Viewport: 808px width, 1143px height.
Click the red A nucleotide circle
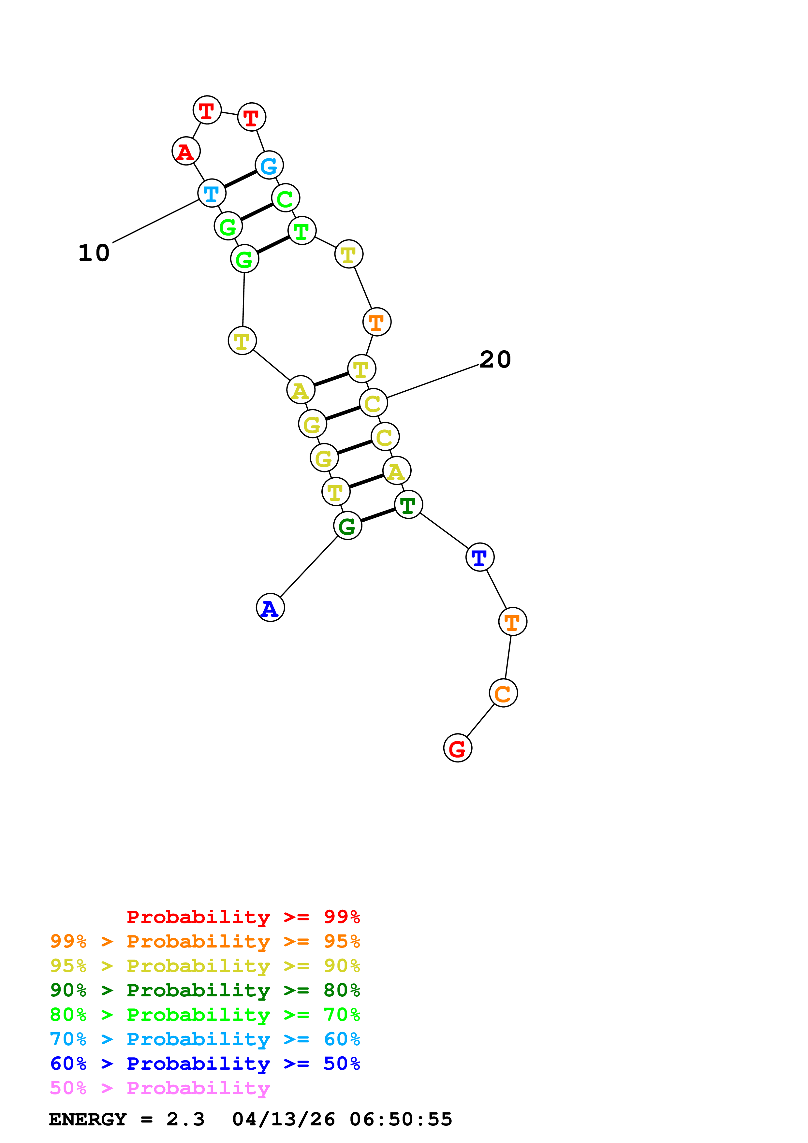(186, 151)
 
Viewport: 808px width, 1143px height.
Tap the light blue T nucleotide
(212, 193)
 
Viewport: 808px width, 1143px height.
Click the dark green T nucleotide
(408, 504)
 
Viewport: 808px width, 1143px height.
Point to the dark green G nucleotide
(347, 526)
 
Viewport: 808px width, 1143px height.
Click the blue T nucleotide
(479, 557)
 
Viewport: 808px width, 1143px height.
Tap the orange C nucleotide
(503, 693)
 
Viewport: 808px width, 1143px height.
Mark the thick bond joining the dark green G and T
(378, 515)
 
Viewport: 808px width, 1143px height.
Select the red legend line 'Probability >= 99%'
(243, 917)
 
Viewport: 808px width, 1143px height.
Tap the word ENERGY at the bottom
(88, 1119)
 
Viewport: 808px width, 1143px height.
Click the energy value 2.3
(185, 1119)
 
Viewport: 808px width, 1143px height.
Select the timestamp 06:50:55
(401, 1119)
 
